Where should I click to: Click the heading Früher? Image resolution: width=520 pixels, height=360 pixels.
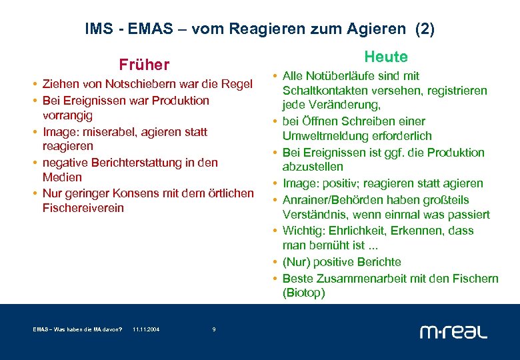click(x=144, y=65)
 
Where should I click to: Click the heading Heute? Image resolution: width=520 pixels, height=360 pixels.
click(x=385, y=57)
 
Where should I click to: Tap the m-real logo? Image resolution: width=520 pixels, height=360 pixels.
click(x=453, y=331)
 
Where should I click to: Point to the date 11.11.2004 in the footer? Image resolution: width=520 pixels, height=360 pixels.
click(x=146, y=329)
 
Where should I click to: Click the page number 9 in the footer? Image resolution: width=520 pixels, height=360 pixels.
click(x=213, y=329)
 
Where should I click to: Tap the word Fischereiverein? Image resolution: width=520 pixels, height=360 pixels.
click(x=83, y=208)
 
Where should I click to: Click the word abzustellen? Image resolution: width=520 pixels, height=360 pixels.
click(x=313, y=167)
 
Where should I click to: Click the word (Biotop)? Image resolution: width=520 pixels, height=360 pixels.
click(x=303, y=293)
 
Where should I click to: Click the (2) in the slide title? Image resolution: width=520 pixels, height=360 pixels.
click(x=425, y=29)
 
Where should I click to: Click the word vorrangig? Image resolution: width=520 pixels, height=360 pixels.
click(x=67, y=115)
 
